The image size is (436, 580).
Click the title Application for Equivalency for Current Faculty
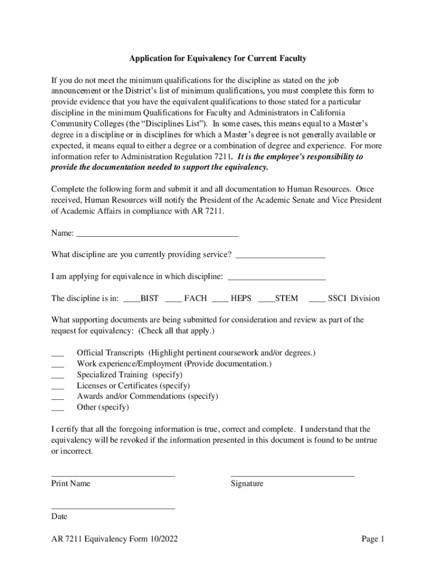point(218,59)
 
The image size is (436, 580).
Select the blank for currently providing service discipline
point(280,255)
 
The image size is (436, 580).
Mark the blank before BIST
point(131,299)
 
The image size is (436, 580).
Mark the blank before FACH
point(174,299)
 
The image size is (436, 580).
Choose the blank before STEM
point(266,299)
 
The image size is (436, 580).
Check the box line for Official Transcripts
point(57,353)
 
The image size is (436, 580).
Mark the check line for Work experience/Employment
point(57,364)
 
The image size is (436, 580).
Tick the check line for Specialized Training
point(57,375)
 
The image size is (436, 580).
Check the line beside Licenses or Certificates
point(57,386)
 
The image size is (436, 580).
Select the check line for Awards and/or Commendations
point(57,396)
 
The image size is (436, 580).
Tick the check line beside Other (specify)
point(57,407)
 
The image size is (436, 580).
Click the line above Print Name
point(113,475)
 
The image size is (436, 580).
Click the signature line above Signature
point(292,475)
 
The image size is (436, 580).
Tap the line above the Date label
point(113,508)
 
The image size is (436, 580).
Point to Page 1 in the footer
point(373,539)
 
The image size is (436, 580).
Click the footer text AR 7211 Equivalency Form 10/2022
point(114,539)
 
